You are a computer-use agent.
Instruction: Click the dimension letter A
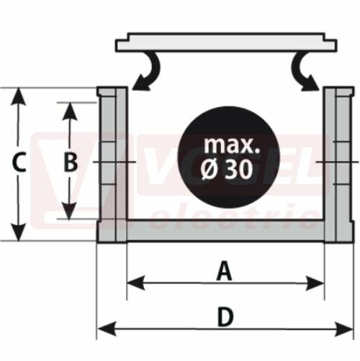click(x=225, y=271)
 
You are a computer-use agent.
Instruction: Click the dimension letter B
click(x=71, y=163)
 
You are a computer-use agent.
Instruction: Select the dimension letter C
click(x=19, y=163)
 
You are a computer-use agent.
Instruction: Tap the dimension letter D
click(x=225, y=317)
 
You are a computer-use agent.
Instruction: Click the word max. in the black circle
click(x=232, y=145)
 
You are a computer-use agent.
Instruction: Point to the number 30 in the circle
click(x=239, y=170)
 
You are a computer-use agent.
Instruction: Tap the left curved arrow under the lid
click(x=146, y=72)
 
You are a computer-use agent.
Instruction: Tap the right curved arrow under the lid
click(x=305, y=72)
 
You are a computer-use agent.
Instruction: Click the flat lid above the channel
click(x=226, y=42)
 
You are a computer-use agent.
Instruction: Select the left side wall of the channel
click(x=112, y=165)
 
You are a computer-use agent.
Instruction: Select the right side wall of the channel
click(x=339, y=165)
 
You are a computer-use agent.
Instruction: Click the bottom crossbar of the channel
click(x=225, y=231)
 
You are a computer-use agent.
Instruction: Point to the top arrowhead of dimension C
click(x=19, y=96)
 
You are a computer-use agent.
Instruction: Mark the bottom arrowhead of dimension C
click(x=19, y=232)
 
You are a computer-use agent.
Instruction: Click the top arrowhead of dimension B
click(x=70, y=111)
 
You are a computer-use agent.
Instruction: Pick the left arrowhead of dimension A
click(x=136, y=283)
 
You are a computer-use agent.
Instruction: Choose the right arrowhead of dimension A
click(x=315, y=283)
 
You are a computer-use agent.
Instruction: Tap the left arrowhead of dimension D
click(x=107, y=329)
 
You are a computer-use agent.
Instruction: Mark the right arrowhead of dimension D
click(x=344, y=329)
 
